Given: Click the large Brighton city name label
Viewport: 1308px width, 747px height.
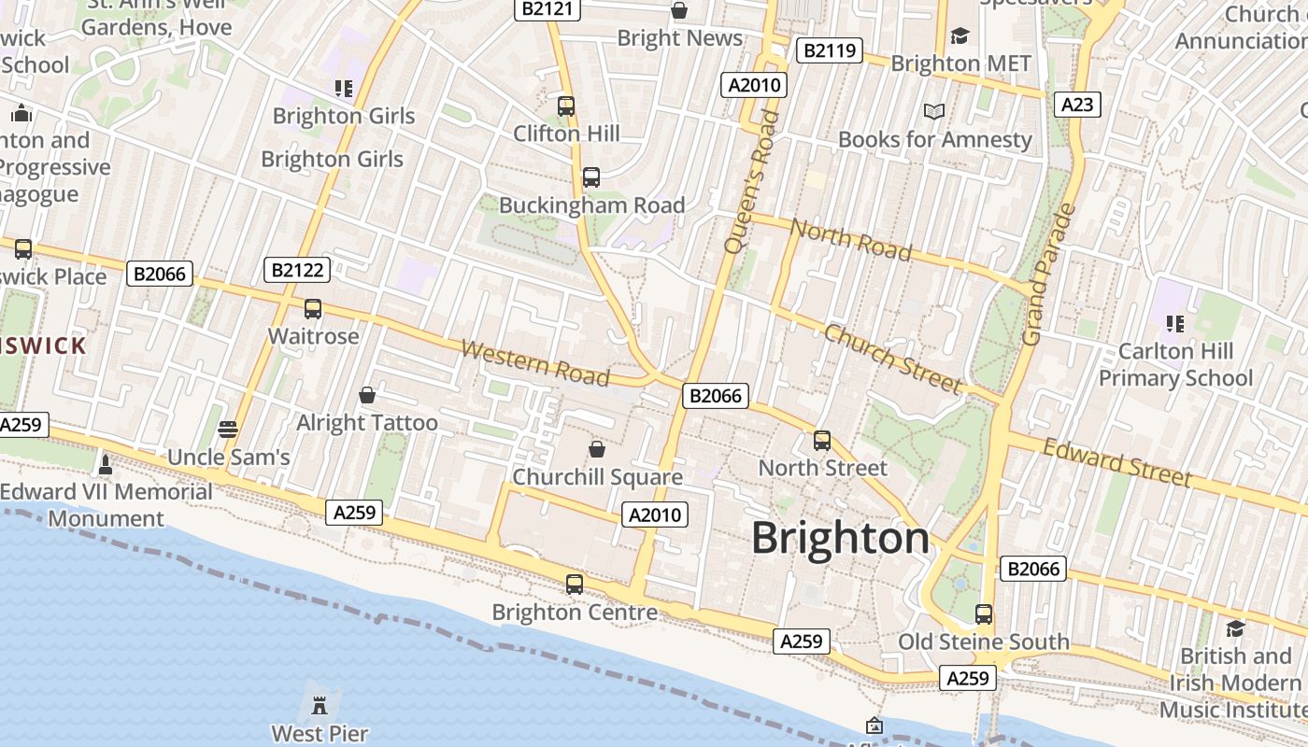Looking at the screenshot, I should [840, 539].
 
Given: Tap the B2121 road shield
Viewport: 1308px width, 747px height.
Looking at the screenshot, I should [548, 9].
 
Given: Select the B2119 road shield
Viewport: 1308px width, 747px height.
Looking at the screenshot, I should [829, 50].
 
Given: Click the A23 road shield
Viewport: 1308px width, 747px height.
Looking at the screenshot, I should [1077, 104].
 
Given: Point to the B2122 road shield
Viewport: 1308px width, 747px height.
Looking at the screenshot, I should [297, 271].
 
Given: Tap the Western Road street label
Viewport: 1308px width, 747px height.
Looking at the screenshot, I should [534, 363].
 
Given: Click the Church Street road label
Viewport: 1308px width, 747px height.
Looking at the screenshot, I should [892, 359].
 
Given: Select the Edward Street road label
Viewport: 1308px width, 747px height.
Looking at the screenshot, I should [1116, 462].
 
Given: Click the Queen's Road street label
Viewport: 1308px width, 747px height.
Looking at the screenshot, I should [751, 181].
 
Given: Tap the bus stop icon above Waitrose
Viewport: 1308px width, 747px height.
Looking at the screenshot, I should [313, 308].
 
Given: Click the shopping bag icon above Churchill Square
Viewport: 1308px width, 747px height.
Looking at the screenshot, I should [597, 449].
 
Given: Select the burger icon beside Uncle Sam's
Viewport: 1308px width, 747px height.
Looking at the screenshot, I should [227, 429].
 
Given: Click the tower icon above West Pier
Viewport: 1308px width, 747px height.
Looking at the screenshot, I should [320, 704].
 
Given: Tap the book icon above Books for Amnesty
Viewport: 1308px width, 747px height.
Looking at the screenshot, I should [934, 111].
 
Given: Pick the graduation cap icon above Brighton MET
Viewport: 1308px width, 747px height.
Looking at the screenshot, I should [960, 35].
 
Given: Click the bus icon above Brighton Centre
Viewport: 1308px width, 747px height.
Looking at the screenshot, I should [575, 585].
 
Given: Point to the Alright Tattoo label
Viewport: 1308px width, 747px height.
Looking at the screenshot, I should [367, 423].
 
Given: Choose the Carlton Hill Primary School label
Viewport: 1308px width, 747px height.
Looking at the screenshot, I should [1174, 365].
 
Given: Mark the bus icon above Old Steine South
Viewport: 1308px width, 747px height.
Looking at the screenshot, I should [984, 613].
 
